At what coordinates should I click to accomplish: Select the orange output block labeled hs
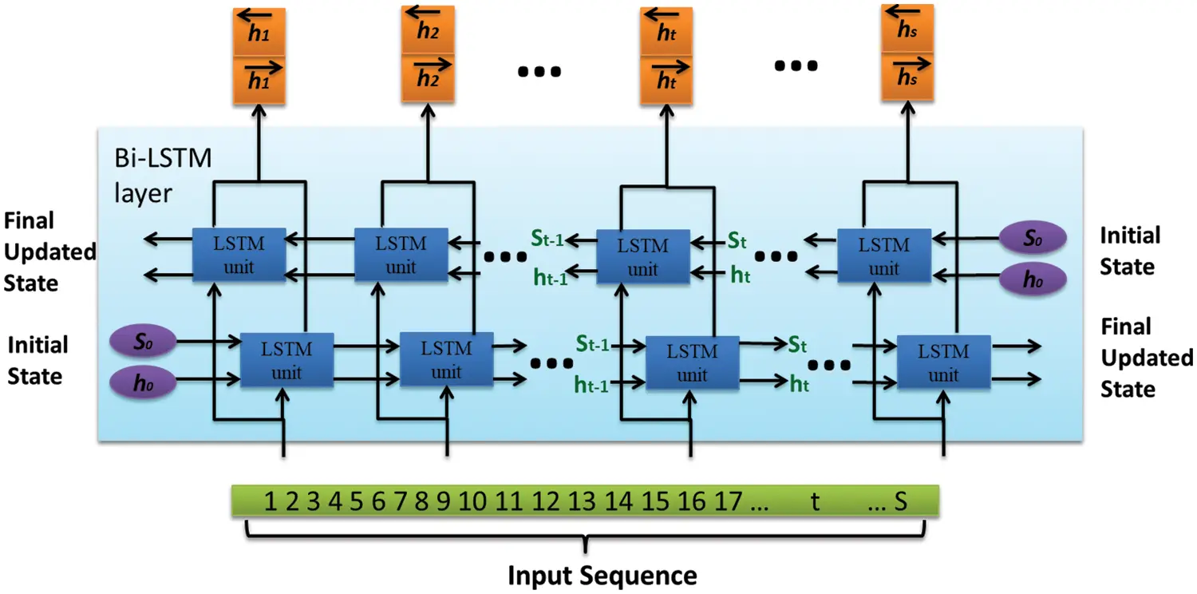click(907, 54)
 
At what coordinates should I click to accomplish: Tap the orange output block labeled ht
click(666, 57)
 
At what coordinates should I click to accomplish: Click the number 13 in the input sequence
click(582, 501)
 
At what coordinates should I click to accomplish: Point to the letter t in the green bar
click(815, 501)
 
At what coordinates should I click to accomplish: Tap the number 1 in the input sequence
click(271, 501)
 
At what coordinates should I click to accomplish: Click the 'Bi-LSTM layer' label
click(164, 175)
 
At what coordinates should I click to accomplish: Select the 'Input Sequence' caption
click(602, 575)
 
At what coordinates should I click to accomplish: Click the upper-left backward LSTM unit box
click(239, 255)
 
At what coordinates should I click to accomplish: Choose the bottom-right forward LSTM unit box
click(943, 362)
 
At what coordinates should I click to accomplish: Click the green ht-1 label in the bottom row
click(591, 385)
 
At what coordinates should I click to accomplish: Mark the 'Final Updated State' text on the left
click(49, 251)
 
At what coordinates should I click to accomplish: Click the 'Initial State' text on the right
click(1129, 251)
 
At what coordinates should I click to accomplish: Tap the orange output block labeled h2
click(428, 56)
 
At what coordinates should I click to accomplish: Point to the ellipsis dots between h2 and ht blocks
click(539, 72)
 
